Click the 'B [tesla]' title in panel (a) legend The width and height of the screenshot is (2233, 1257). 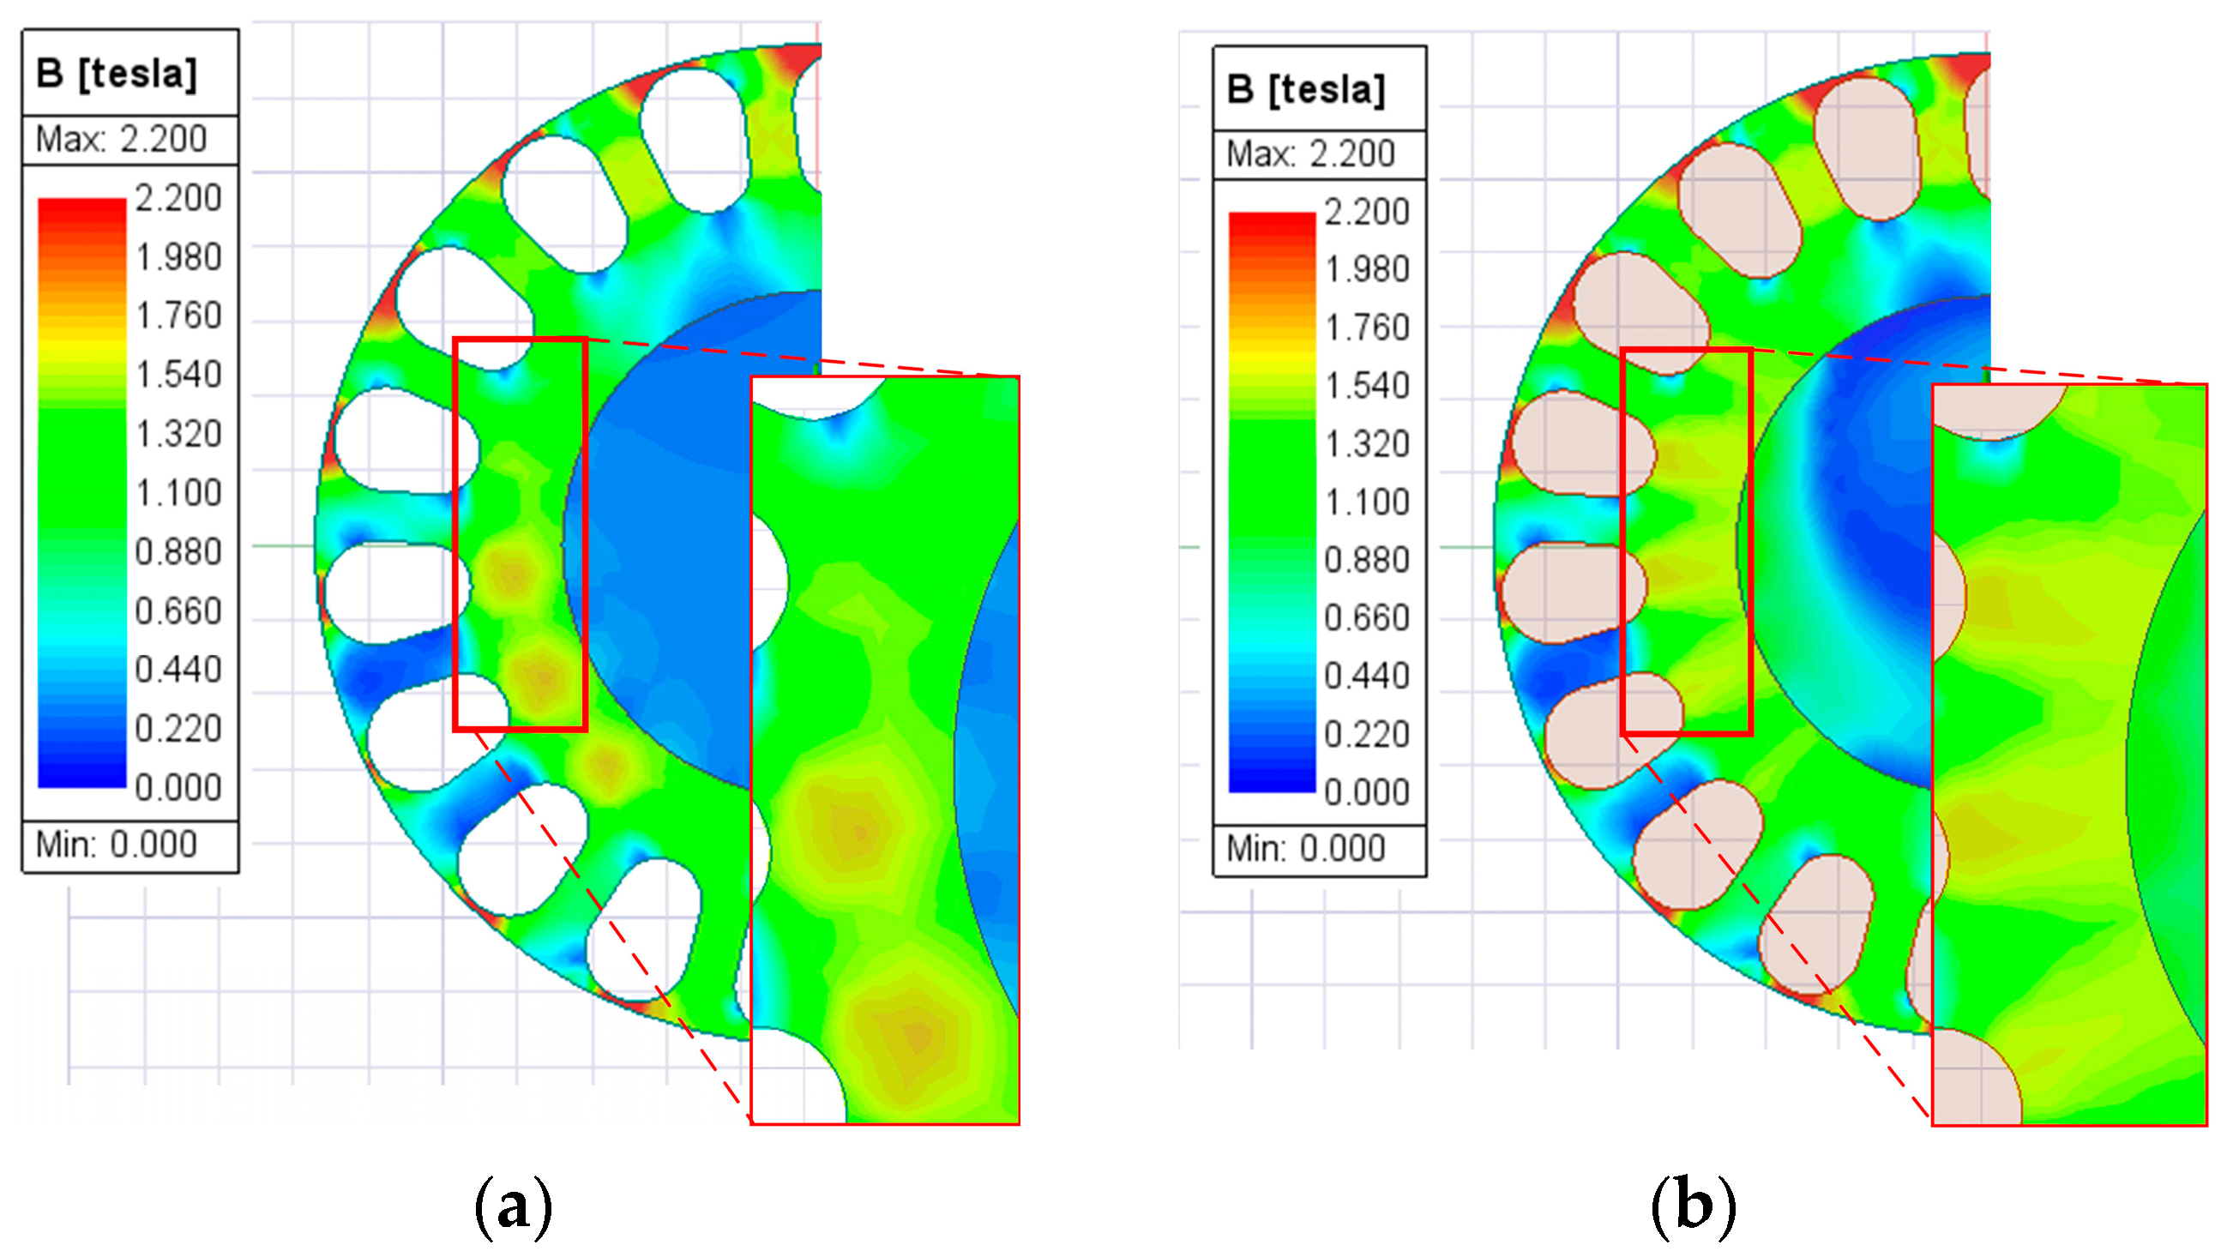coord(117,74)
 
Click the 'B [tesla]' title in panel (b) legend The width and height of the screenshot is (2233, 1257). coord(1306,89)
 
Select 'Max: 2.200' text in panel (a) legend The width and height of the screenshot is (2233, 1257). coord(122,139)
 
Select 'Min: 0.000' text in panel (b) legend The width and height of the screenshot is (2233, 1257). coord(1306,849)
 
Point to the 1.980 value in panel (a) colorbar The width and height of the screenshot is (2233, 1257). coord(178,257)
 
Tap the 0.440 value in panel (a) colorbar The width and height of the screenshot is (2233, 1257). coord(178,671)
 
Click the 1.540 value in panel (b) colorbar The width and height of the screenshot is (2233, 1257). coord(1367,386)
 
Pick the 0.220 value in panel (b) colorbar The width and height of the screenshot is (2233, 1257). coord(1367,735)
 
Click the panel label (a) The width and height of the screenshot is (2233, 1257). coord(513,1206)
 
